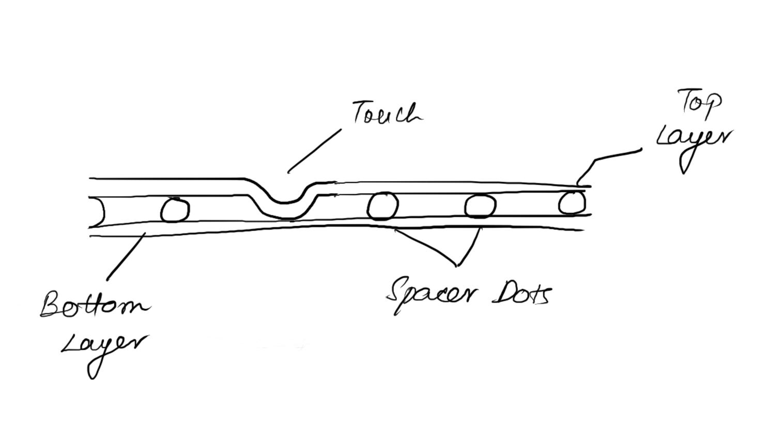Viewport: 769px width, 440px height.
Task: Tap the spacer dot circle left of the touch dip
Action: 175,210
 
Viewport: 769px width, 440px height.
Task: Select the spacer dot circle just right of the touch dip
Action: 382,206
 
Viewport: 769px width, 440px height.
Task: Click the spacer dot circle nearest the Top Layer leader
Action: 572,202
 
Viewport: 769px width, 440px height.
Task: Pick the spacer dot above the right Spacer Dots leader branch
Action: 480,206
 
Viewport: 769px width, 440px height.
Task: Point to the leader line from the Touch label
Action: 314,150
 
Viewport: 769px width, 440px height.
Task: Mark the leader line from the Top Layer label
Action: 610,157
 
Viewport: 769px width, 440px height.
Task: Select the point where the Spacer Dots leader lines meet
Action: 456,265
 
